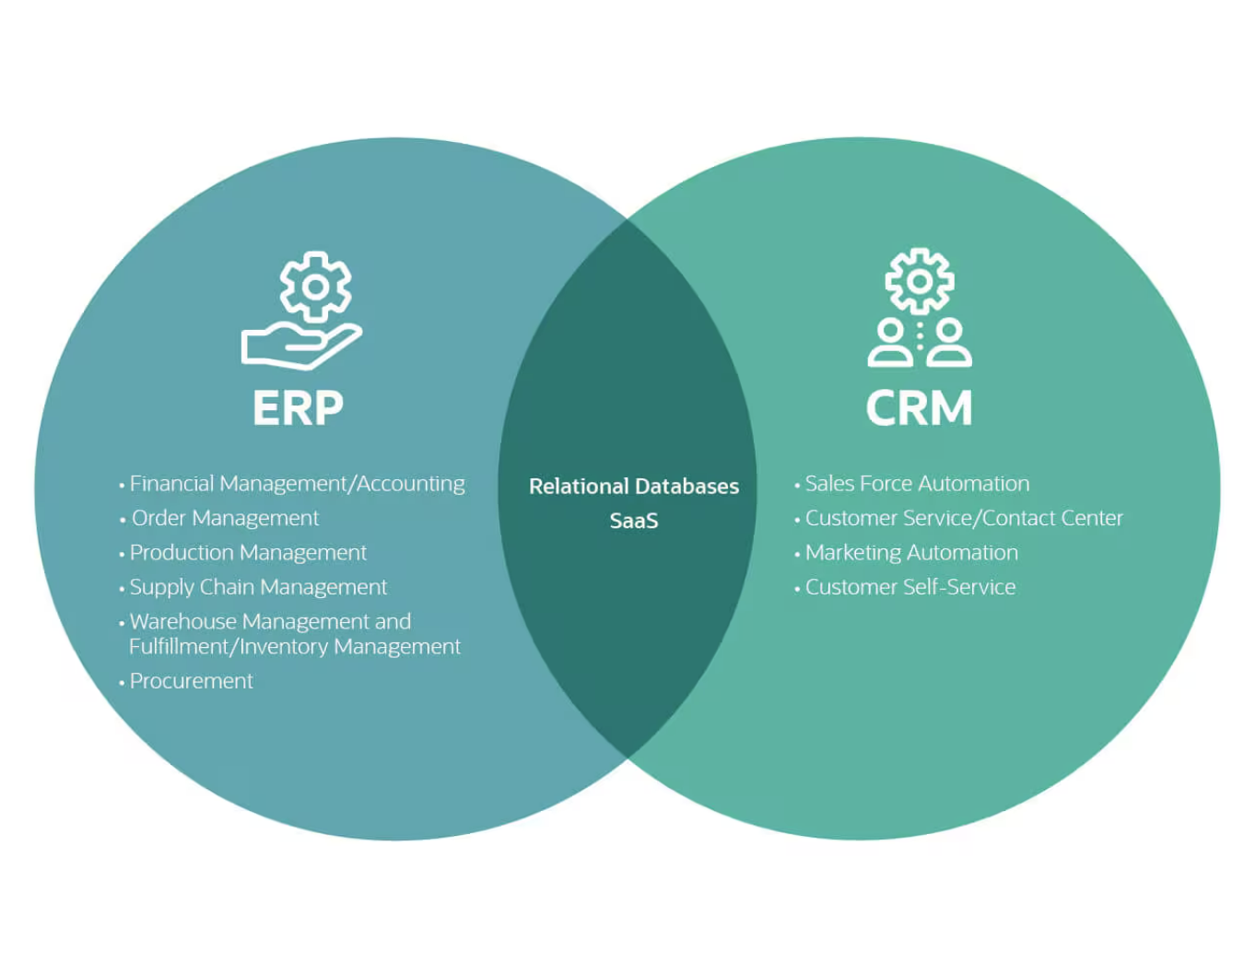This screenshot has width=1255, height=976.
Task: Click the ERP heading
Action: point(298,407)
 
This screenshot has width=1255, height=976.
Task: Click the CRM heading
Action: point(919,407)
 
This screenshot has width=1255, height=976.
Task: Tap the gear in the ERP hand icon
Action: point(315,287)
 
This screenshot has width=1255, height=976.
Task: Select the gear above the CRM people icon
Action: point(919,280)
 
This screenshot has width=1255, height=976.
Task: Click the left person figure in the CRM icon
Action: point(890,344)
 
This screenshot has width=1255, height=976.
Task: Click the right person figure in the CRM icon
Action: point(948,344)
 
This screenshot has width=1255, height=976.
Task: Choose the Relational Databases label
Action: point(634,486)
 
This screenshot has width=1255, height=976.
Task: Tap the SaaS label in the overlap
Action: point(634,521)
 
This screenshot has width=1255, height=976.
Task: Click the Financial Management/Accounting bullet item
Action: point(297,484)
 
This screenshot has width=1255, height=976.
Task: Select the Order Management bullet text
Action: point(225,518)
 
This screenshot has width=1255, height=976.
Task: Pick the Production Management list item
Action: point(248,553)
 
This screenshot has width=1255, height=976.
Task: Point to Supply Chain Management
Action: point(258,587)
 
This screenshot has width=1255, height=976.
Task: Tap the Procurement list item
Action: point(191,681)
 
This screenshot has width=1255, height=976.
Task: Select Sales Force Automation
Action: point(917,484)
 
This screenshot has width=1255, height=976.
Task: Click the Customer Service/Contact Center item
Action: point(964,518)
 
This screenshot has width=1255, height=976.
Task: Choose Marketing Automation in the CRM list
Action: point(911,553)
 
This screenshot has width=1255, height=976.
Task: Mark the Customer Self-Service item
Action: point(910,587)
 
